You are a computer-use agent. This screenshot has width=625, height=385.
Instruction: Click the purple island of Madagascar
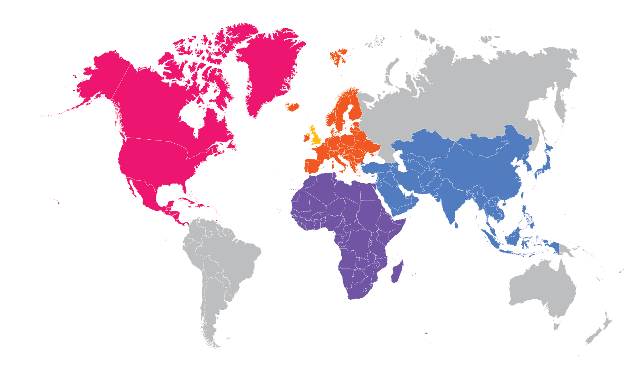[x=397, y=273]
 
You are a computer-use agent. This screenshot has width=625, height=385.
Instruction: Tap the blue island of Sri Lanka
[x=456, y=225]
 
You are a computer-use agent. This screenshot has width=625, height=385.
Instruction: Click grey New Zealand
[x=599, y=332]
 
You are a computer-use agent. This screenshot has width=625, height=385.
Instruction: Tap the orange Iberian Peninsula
[x=315, y=166]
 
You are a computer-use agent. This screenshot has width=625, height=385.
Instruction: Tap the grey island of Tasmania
[x=556, y=325]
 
